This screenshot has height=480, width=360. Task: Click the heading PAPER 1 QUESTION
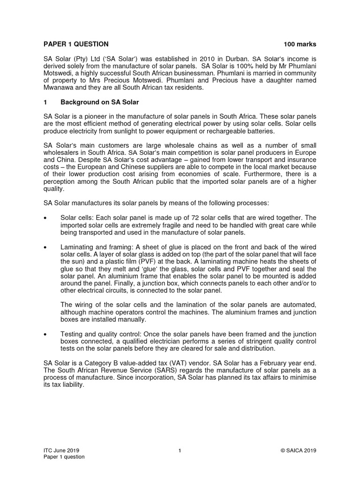tap(76, 45)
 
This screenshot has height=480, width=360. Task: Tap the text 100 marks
tap(300, 45)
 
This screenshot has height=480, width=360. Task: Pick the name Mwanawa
tap(61, 88)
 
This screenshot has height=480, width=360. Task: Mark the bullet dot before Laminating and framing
tap(45, 247)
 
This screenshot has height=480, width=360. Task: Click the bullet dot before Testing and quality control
tap(45, 334)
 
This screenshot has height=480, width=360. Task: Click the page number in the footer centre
tap(180, 450)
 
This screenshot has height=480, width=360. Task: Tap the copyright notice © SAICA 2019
tap(298, 450)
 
